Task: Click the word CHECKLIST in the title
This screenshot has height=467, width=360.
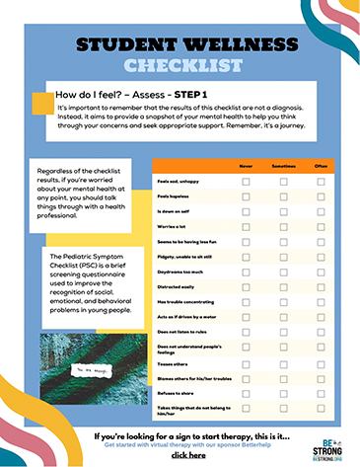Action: click(180, 66)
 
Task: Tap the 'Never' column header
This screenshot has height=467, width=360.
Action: click(247, 166)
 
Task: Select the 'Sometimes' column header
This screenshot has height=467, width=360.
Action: click(283, 166)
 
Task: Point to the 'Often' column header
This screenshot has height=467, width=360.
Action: click(321, 166)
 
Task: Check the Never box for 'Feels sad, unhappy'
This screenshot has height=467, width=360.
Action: click(247, 183)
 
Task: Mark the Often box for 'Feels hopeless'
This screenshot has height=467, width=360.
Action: click(321, 197)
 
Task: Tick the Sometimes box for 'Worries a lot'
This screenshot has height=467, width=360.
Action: click(283, 228)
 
